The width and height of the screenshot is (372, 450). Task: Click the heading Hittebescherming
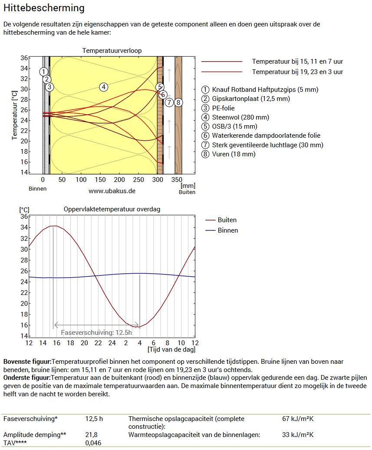[x=44, y=8]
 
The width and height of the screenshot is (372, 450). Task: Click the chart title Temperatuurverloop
[x=112, y=51]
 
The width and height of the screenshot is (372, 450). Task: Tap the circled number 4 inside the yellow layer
[x=103, y=87]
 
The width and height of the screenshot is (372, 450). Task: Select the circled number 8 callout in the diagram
[x=178, y=102]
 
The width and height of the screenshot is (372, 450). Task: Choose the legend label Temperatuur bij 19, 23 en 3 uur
[x=297, y=72]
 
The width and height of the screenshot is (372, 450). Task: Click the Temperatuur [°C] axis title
[x=14, y=115]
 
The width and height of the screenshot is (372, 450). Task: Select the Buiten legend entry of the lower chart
[x=227, y=220]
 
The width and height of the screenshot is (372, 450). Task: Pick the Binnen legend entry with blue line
[x=228, y=230]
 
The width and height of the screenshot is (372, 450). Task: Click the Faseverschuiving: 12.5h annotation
[x=96, y=333]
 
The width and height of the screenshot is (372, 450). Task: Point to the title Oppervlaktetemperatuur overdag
[x=112, y=209]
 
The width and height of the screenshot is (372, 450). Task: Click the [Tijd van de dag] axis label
[x=171, y=349]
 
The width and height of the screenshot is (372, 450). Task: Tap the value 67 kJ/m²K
[x=298, y=419]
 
